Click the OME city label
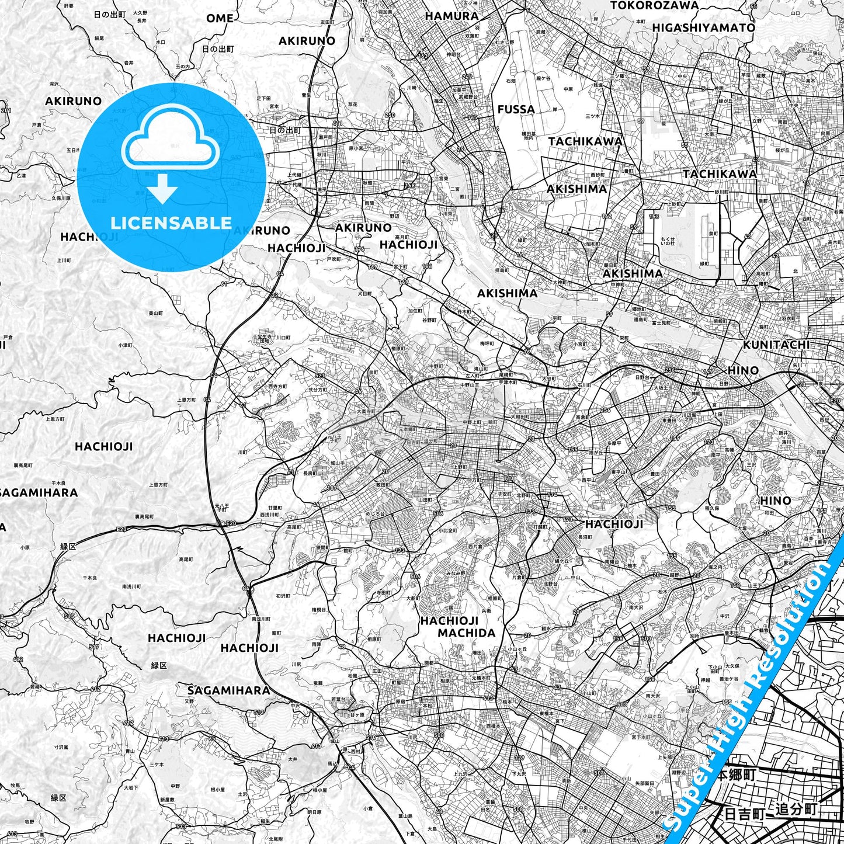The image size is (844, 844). tap(220, 18)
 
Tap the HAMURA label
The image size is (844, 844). tap(451, 16)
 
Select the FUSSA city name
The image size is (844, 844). tap(516, 109)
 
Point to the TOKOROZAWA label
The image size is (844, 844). tap(654, 5)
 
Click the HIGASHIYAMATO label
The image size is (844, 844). tap(703, 27)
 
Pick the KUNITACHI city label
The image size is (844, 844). tap(776, 345)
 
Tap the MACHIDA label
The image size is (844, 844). tap(466, 633)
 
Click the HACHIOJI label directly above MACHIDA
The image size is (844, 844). tap(449, 620)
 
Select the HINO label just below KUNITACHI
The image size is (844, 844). tap(743, 370)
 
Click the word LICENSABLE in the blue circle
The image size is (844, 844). tap(171, 223)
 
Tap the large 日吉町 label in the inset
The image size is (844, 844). tap(744, 814)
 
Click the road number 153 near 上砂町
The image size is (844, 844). tap(654, 217)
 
